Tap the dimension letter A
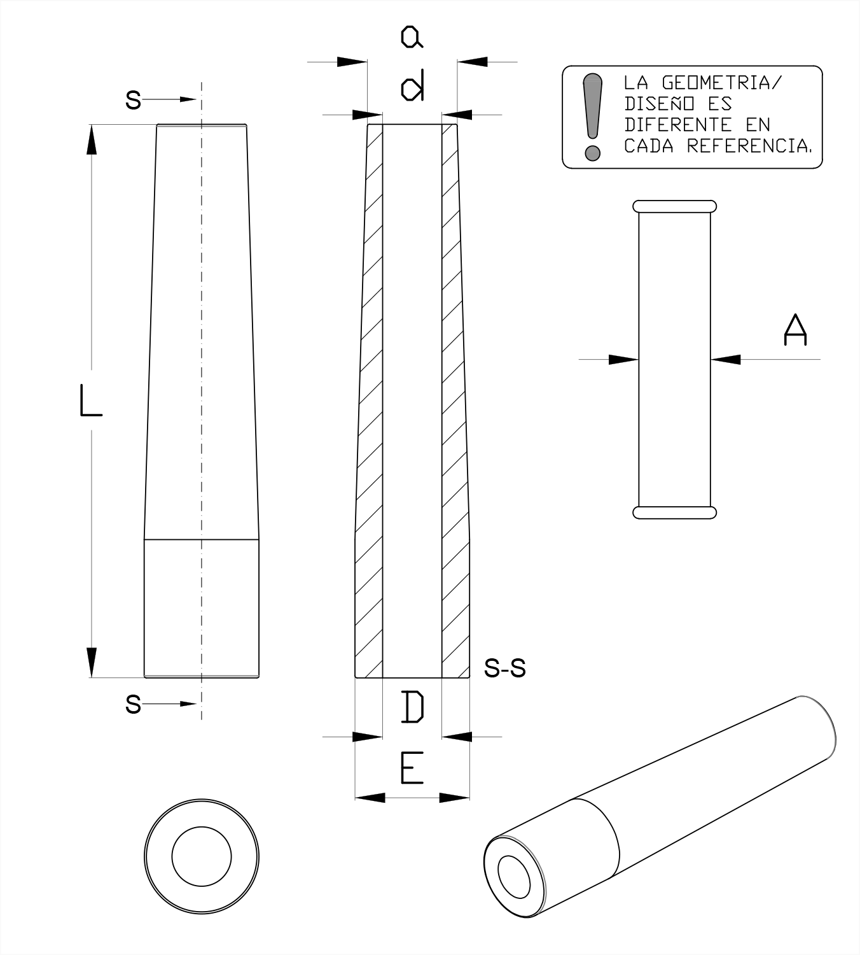coord(795,329)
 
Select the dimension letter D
coord(412,707)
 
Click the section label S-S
coord(504,668)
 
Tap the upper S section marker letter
coord(133,100)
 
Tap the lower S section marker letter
coord(133,704)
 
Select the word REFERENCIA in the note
coord(749,146)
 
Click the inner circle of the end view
coord(202,856)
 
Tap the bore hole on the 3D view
coord(513,877)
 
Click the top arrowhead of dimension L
coord(92,139)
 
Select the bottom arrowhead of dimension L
coord(92,662)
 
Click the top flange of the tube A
coord(674,206)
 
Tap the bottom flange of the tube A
coord(674,513)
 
